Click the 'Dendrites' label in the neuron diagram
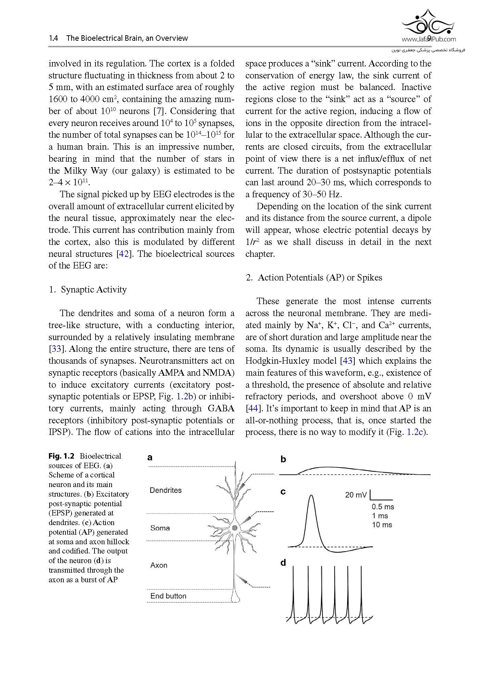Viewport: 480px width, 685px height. coord(165,490)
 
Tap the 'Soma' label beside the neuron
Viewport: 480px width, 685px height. coord(160,528)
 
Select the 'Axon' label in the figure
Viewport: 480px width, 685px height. coord(159,565)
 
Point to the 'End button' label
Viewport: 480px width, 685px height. coord(168,596)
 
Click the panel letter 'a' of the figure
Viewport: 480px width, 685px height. coord(150,458)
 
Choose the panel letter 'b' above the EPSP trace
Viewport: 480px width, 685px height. coord(283,459)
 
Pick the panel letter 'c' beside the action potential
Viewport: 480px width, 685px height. coord(283,492)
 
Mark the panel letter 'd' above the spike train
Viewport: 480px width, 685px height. coord(283,563)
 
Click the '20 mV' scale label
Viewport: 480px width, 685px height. coord(356,495)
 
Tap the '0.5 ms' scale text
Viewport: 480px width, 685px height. coord(383,507)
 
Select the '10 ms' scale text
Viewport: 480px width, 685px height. coord(382,525)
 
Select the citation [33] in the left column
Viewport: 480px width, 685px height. coord(55,349)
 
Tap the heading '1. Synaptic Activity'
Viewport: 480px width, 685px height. coord(88,289)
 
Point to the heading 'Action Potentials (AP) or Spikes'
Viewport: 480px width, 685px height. coord(319,277)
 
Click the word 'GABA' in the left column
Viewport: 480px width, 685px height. coord(221,408)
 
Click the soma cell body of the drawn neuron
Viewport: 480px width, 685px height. coord(235,528)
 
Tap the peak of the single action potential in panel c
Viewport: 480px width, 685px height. coord(311,496)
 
